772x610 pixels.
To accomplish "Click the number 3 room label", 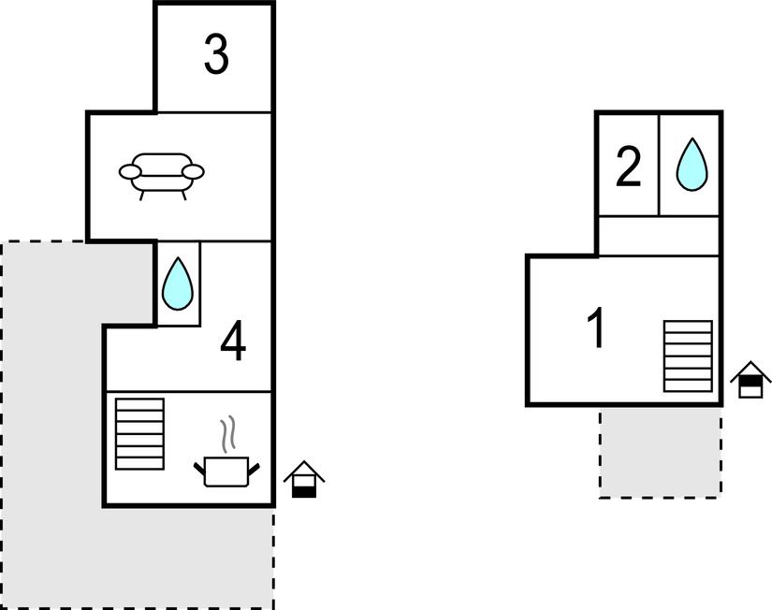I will (216, 55).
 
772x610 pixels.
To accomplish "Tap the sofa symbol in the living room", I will (161, 175).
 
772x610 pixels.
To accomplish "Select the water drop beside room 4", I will (177, 283).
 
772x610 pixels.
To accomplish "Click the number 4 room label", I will (233, 342).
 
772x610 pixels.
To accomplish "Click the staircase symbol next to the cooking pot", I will (139, 433).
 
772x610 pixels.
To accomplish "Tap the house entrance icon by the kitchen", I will (303, 479).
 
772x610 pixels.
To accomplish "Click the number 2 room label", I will (628, 168).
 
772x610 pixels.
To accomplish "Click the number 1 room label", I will (596, 329).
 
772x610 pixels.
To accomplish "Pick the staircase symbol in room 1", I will (688, 356).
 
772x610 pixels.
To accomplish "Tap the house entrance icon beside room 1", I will (750, 380).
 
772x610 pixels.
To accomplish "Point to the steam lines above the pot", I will (226, 435).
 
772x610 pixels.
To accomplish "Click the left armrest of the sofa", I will (130, 171).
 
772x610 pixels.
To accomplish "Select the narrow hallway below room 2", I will (659, 236).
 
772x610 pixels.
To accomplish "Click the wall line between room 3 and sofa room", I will (215, 112).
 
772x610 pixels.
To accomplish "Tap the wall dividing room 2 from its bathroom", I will (659, 165).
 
